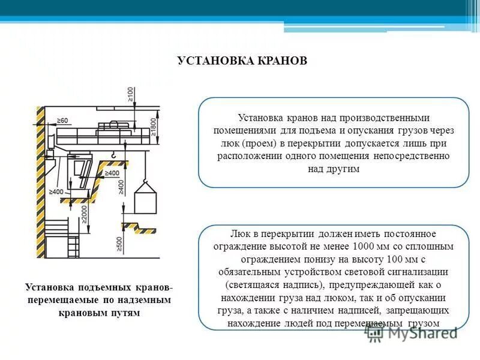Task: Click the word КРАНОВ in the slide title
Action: point(279,61)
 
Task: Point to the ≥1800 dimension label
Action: point(154,127)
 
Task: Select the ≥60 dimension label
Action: point(63,121)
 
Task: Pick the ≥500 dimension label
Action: point(120,243)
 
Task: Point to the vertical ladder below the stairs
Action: point(73,246)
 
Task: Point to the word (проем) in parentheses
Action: point(262,143)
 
